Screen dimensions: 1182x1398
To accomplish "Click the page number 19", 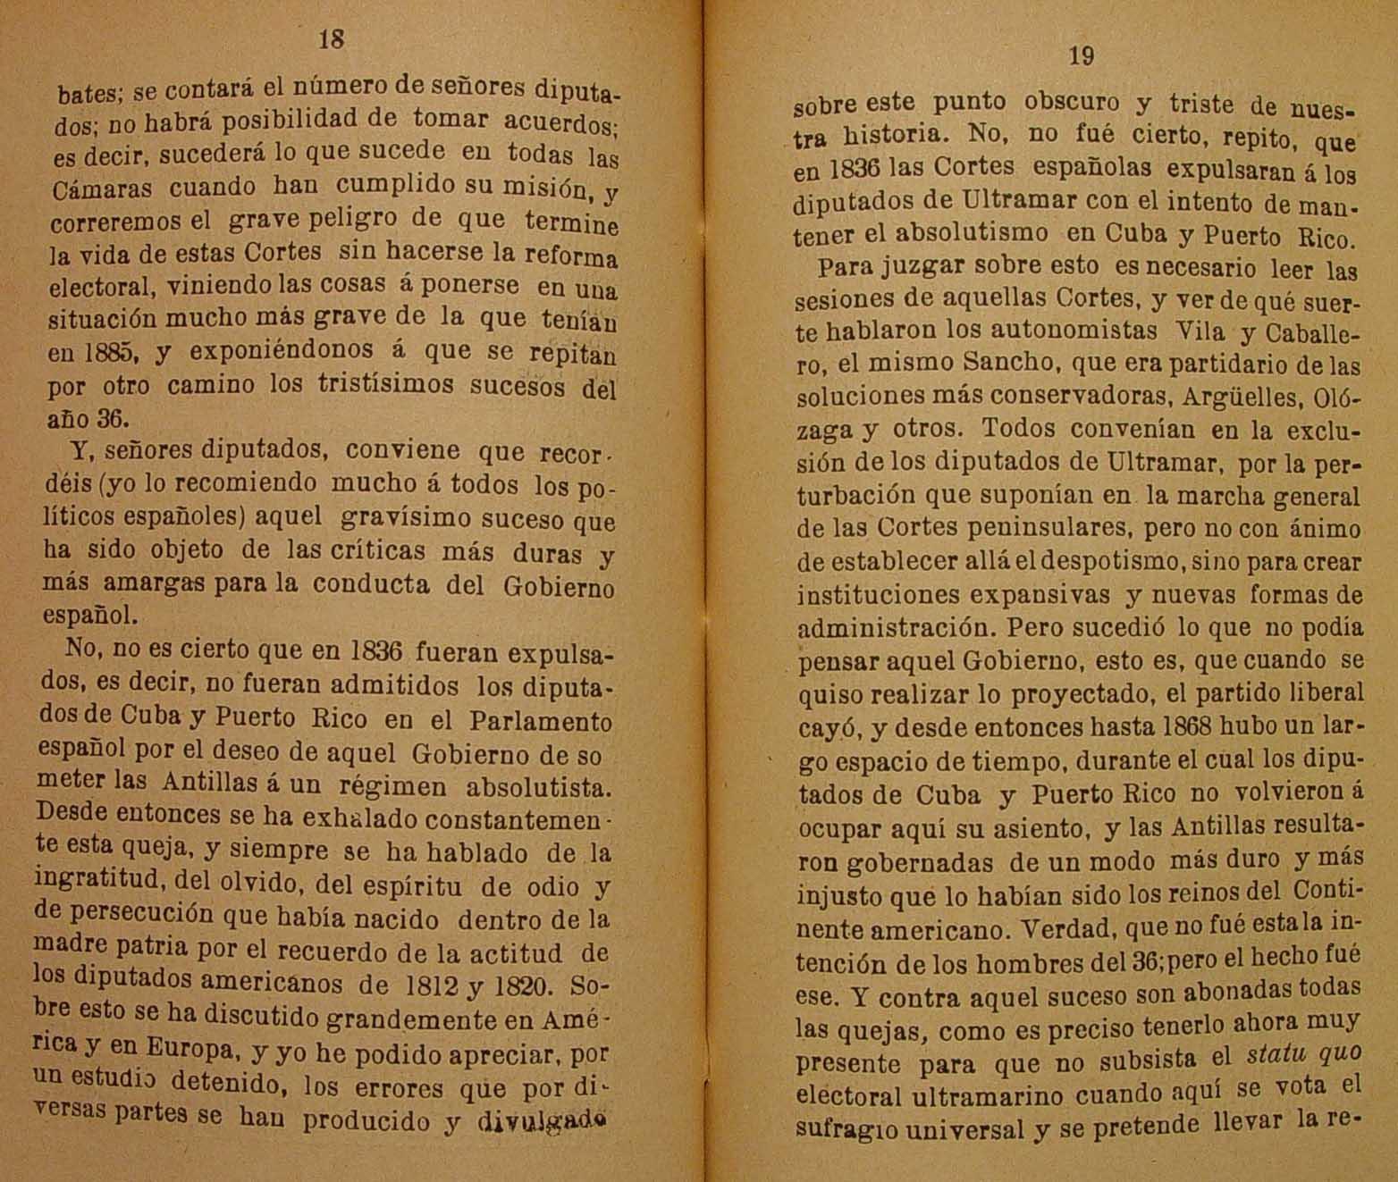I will pos(1081,56).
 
